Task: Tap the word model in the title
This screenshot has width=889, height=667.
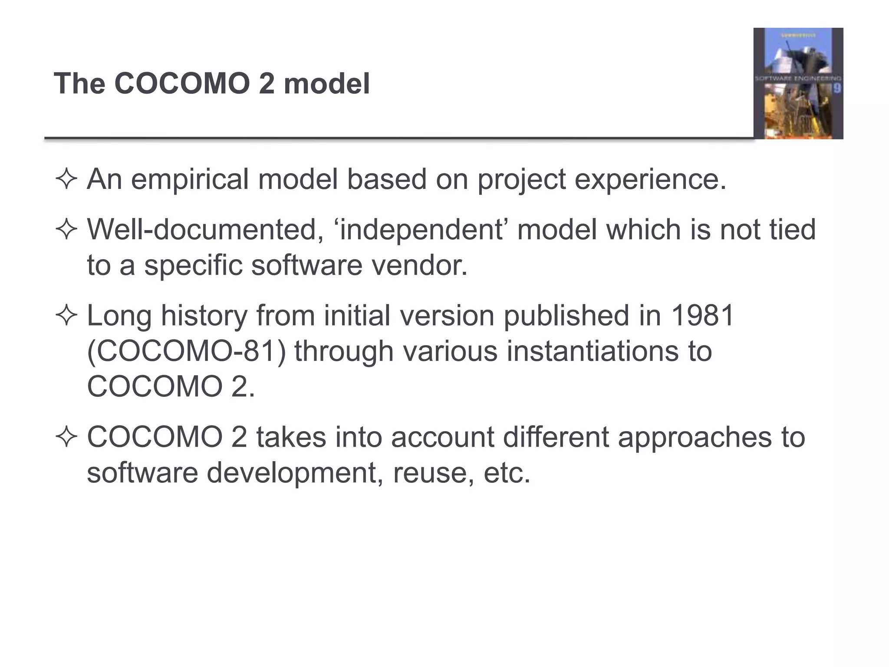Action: tap(326, 83)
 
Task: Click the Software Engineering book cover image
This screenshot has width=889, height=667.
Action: tap(798, 83)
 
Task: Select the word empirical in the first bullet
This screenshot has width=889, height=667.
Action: tap(190, 179)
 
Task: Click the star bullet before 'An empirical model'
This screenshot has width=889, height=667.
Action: tap(66, 180)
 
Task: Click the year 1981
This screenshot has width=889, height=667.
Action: tap(702, 315)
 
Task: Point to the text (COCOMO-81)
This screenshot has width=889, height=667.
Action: tap(187, 351)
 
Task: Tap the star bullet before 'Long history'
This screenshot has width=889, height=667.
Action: tap(66, 316)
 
